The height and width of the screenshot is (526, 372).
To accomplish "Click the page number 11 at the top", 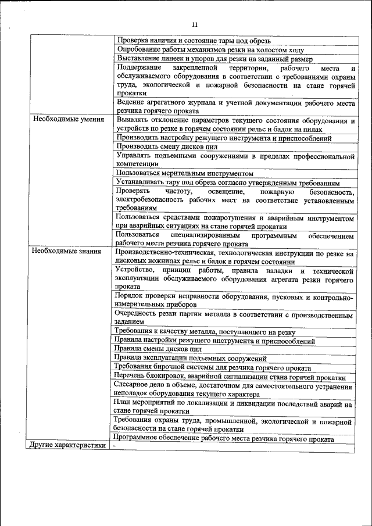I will tap(194, 24).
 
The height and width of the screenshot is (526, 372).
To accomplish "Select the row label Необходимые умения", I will tap(69, 120).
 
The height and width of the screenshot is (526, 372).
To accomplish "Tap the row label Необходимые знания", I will tap(67, 252).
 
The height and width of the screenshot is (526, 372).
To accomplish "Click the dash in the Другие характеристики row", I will tap(115, 446).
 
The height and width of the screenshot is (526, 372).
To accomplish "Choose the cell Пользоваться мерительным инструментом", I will tap(185, 173).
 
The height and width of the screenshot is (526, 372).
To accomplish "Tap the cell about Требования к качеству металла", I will tap(206, 331).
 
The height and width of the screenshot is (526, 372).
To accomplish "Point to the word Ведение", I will tap(131, 102).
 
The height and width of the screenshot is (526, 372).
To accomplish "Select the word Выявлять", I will tap(133, 120).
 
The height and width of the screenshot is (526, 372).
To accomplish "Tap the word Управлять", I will tap(135, 156).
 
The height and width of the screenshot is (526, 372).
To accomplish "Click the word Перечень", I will tap(132, 377).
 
